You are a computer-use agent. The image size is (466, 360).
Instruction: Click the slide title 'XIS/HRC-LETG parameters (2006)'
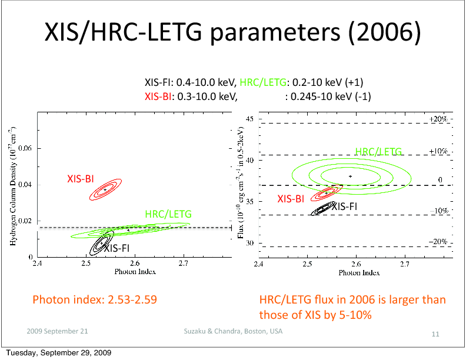pyautogui.click(x=232, y=34)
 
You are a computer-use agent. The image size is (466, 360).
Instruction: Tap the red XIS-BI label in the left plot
pyautogui.click(x=81, y=179)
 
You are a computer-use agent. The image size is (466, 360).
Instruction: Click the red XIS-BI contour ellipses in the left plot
pyautogui.click(x=105, y=190)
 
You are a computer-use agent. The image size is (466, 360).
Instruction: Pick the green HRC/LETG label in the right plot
pyautogui.click(x=378, y=152)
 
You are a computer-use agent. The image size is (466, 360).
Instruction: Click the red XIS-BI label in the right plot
pyautogui.click(x=291, y=199)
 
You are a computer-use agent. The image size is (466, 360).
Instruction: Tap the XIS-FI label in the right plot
pyautogui.click(x=344, y=206)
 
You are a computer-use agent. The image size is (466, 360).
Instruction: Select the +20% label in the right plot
pyautogui.click(x=439, y=119)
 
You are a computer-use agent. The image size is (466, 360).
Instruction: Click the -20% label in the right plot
pyautogui.click(x=438, y=242)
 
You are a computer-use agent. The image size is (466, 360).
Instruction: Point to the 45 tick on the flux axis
pyautogui.click(x=249, y=119)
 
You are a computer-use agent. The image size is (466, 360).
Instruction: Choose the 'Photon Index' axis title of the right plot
pyautogui.click(x=358, y=273)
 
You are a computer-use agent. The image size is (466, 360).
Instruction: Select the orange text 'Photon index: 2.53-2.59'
pyautogui.click(x=94, y=300)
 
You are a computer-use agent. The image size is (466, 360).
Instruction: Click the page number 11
pyautogui.click(x=436, y=334)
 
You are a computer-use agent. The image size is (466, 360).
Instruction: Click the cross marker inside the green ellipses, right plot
pyautogui.click(x=351, y=176)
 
